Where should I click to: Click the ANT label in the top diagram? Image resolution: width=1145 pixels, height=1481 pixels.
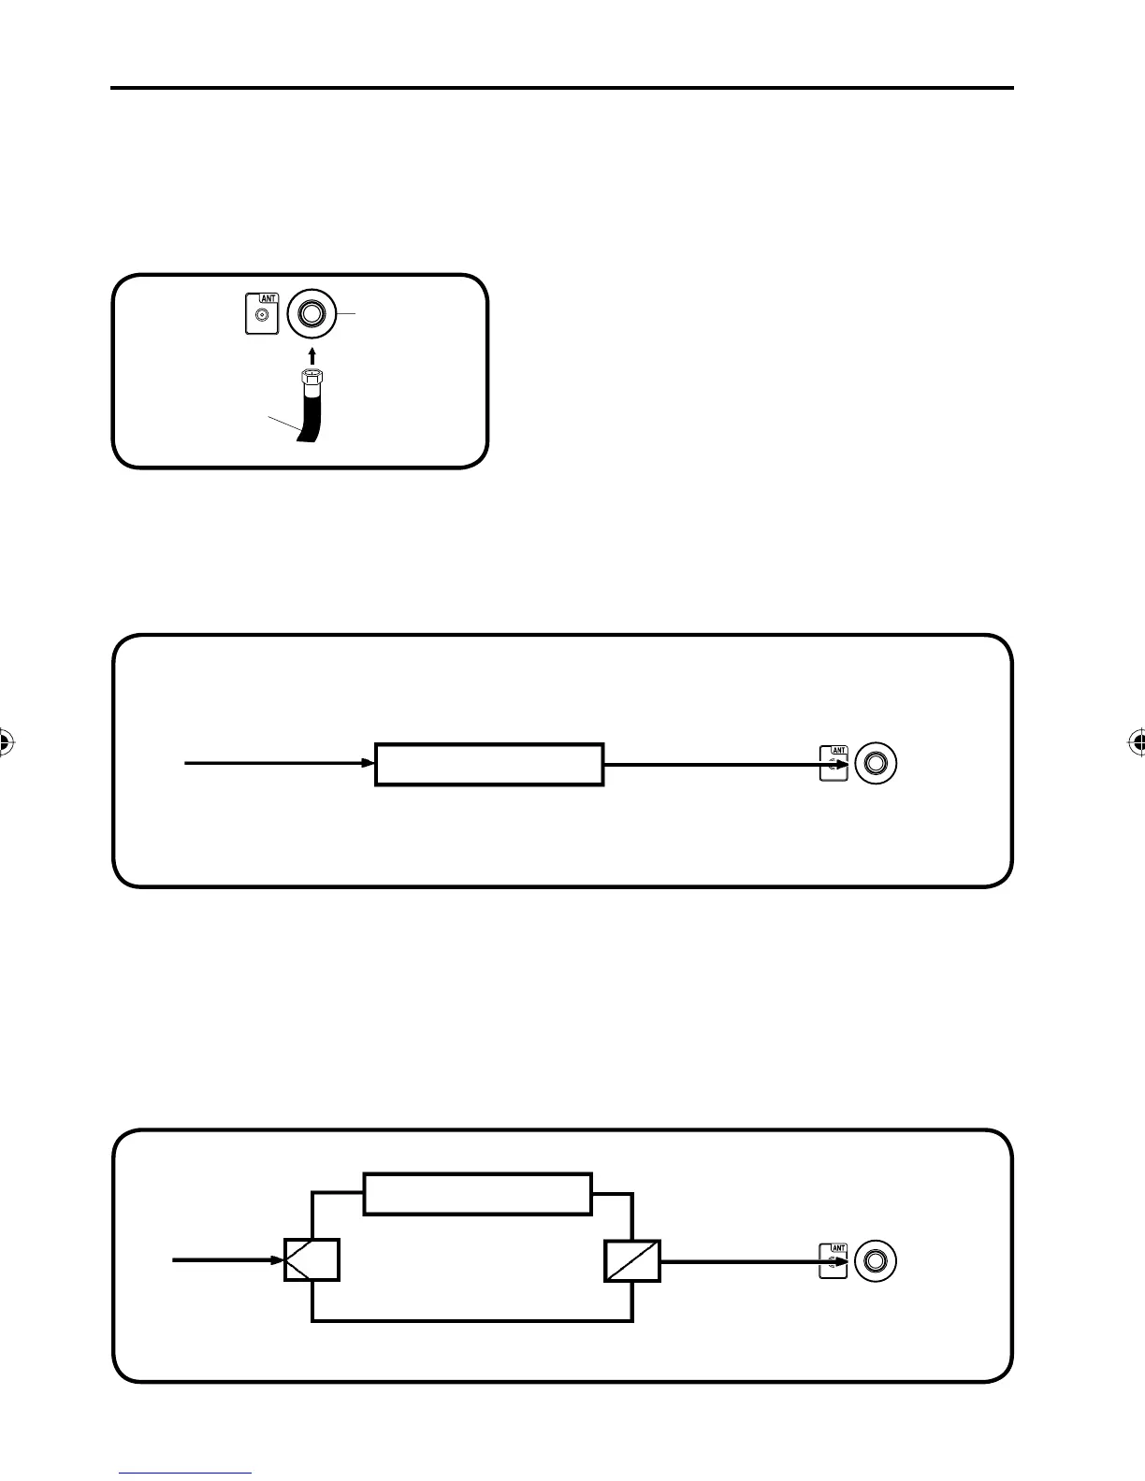tap(268, 298)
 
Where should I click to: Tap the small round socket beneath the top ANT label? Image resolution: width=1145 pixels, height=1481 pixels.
tap(262, 316)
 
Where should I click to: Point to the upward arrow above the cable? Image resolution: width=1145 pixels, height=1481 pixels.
tap(312, 354)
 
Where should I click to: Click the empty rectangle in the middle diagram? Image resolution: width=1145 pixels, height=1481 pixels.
tap(489, 764)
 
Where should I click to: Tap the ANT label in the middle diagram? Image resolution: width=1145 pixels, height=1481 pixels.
tap(839, 749)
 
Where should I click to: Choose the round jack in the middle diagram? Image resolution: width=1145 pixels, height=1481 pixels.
tap(876, 763)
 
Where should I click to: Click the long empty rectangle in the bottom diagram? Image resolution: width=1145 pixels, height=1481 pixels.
tap(477, 1193)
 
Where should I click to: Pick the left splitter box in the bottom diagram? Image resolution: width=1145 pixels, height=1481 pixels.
tap(312, 1260)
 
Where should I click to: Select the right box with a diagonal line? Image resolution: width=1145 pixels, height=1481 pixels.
tap(632, 1260)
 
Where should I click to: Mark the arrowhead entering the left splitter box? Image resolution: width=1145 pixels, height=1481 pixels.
tap(278, 1260)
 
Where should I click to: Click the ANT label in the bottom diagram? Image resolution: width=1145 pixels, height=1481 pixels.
tap(839, 1247)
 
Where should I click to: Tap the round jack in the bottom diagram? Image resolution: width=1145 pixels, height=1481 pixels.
tap(876, 1260)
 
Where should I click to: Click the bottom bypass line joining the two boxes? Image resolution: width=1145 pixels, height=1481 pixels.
tap(472, 1320)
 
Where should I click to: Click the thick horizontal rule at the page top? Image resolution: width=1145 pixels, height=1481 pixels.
tap(561, 88)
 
